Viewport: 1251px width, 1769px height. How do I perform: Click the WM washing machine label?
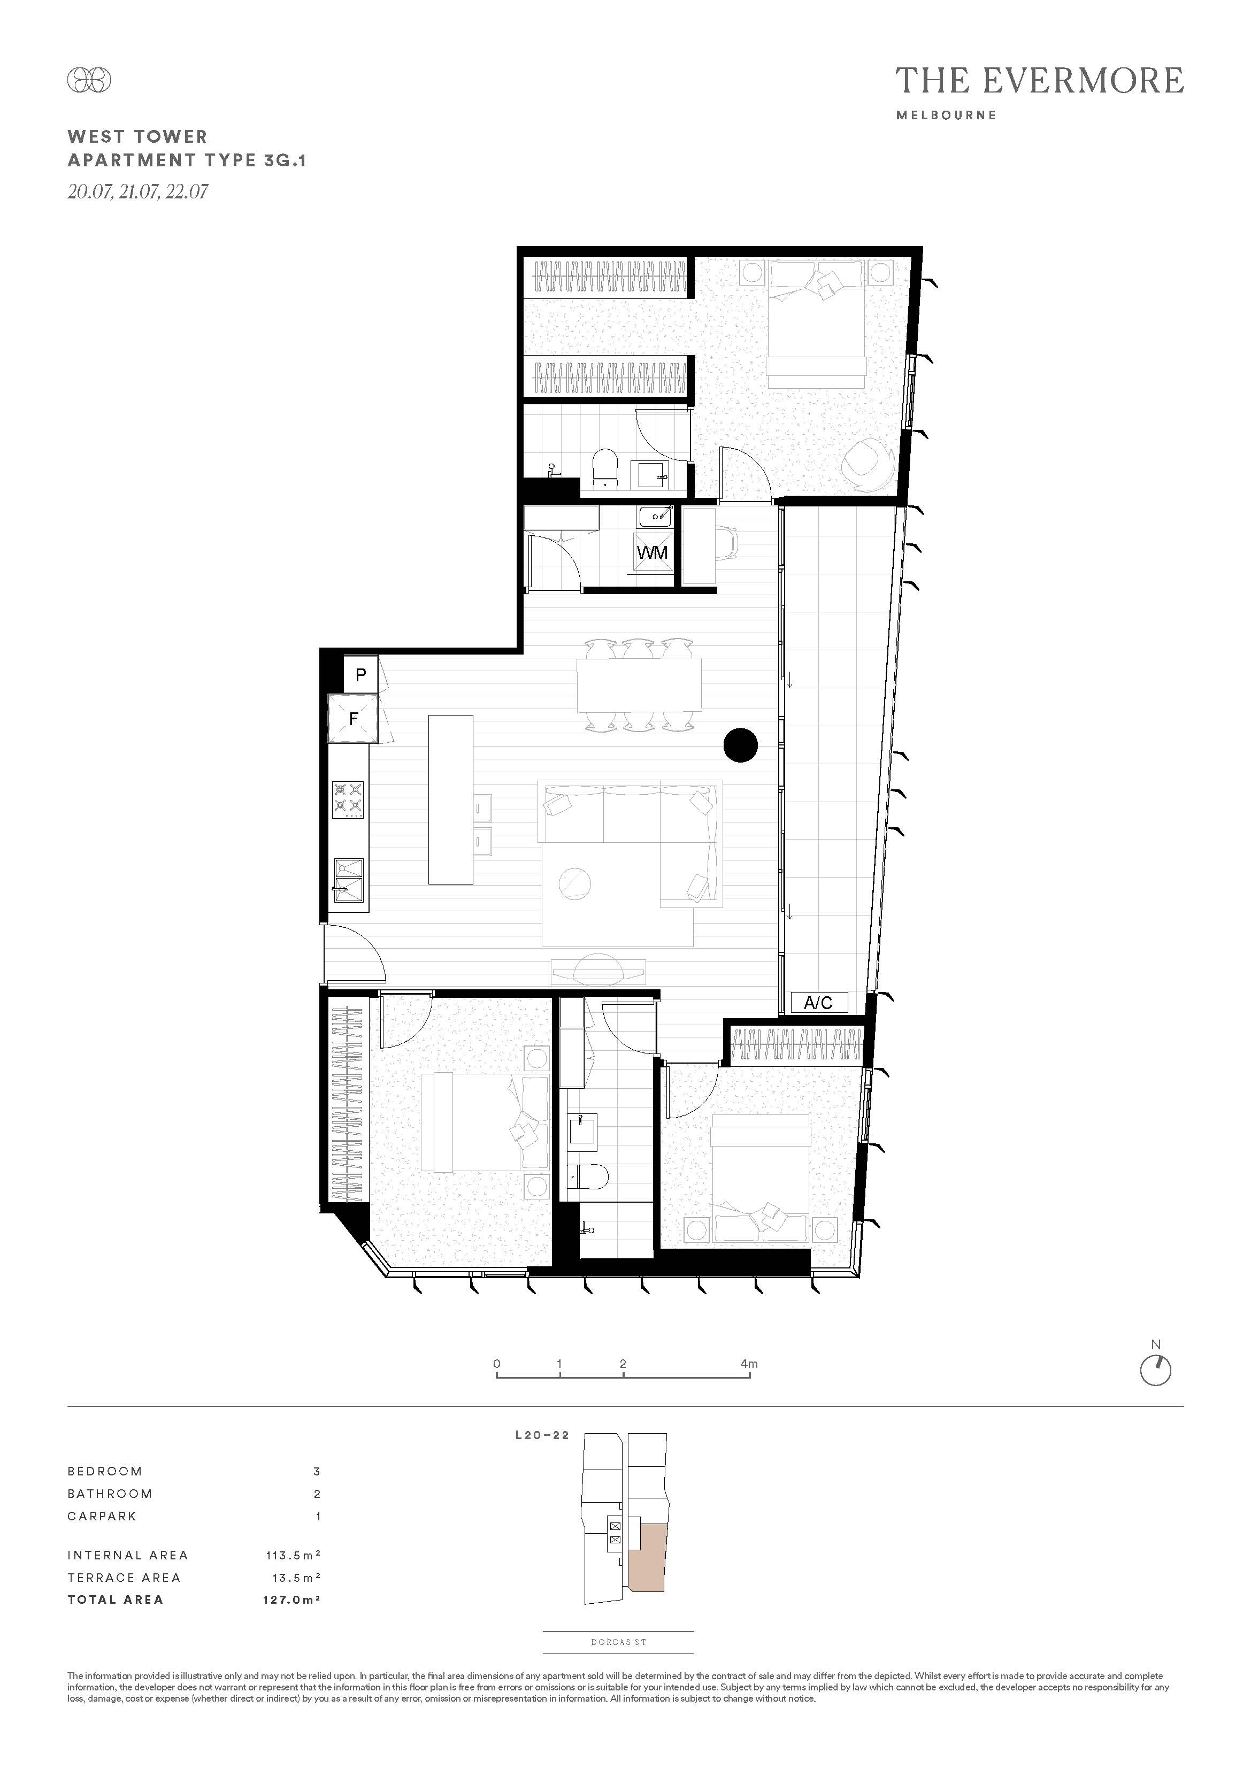click(x=652, y=552)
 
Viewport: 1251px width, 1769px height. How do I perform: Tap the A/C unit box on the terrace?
click(x=819, y=1002)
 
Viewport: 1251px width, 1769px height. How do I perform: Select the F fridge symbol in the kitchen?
click(x=353, y=719)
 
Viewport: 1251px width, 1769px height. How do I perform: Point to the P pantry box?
click(x=360, y=675)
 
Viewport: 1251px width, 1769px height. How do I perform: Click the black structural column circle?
click(x=741, y=745)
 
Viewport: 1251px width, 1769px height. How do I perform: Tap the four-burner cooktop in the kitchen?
click(x=348, y=800)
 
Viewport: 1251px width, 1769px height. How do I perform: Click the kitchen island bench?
click(x=451, y=799)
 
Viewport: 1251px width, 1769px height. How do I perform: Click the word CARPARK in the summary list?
click(x=102, y=1516)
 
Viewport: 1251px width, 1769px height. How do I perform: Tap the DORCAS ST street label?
click(x=618, y=1642)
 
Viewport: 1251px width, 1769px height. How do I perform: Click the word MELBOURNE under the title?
click(x=947, y=115)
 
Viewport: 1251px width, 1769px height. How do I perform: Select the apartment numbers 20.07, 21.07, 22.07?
click(x=138, y=191)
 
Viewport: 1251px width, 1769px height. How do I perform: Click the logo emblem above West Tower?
click(x=89, y=79)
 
